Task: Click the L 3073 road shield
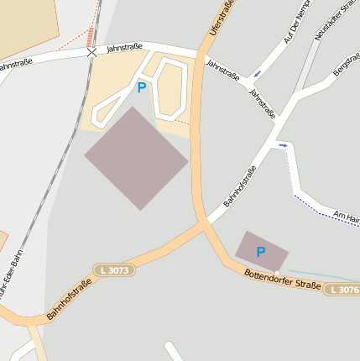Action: coord(114,270)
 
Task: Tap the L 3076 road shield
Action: coord(342,290)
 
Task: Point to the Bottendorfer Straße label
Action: coord(282,280)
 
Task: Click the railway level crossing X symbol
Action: coord(91,52)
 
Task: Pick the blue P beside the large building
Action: coord(141,86)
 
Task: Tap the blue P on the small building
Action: coord(260,251)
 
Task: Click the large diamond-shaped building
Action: coord(136,158)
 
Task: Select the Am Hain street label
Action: coord(346,217)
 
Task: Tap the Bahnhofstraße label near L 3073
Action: coord(69,300)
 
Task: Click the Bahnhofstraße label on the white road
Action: coord(239,187)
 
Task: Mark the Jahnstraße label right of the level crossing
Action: coord(124,49)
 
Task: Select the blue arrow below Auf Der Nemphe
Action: coord(256,74)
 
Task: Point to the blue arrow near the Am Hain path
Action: coord(284,145)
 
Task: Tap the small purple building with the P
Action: coord(261,249)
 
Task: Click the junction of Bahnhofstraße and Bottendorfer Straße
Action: coord(203,225)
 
